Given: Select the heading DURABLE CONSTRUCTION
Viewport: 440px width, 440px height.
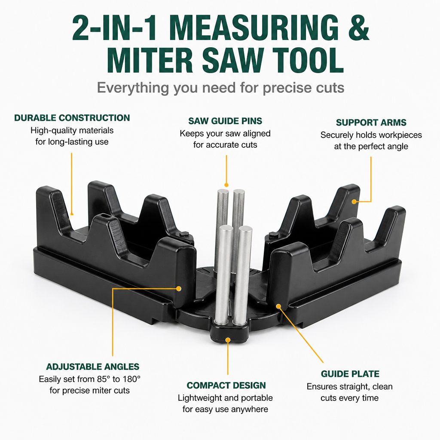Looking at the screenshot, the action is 72,118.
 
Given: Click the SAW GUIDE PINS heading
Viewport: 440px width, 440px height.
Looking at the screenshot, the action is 225,121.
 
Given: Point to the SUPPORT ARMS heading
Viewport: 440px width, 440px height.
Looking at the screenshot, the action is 371,122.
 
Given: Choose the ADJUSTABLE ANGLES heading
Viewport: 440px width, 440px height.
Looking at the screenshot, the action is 93,367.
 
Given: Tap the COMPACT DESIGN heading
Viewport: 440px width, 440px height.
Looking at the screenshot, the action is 226,385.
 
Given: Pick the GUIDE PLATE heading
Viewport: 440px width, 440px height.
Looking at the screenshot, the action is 350,374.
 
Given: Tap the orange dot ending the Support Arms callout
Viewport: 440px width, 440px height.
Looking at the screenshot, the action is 354,202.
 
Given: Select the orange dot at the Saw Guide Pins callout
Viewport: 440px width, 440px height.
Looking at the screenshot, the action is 226,185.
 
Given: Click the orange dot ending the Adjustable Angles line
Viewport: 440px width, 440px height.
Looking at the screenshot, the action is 178,288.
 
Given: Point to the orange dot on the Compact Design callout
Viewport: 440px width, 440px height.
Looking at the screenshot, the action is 228,340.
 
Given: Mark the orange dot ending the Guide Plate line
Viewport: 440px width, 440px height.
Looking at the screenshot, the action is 278,306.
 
